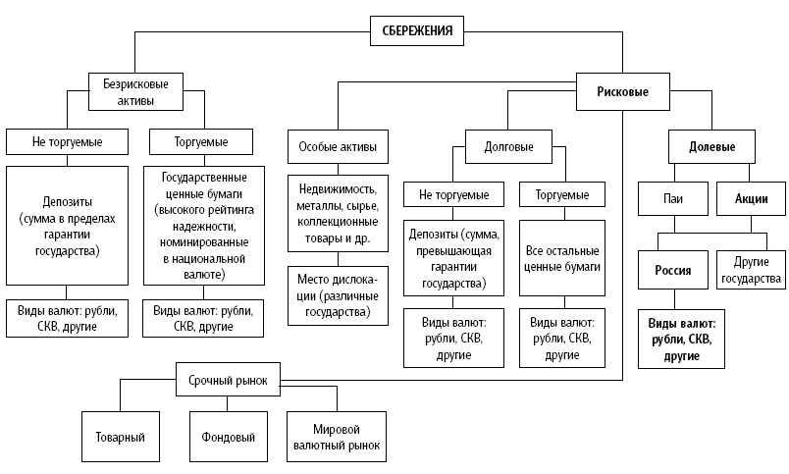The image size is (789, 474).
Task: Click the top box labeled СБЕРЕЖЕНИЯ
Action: (417, 30)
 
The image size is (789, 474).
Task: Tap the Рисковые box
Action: (622, 92)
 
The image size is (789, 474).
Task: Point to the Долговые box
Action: (509, 147)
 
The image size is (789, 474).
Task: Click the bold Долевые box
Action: (712, 147)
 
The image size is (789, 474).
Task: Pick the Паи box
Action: (671, 199)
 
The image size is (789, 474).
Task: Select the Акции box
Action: (751, 199)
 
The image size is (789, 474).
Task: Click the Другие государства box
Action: (752, 271)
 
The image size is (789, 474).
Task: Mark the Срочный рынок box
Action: (228, 379)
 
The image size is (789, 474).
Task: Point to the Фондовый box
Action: (228, 436)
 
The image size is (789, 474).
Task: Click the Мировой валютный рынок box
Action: (336, 436)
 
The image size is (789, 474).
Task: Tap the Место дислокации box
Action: (337, 295)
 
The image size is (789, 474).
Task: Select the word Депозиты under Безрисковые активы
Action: (67, 204)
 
